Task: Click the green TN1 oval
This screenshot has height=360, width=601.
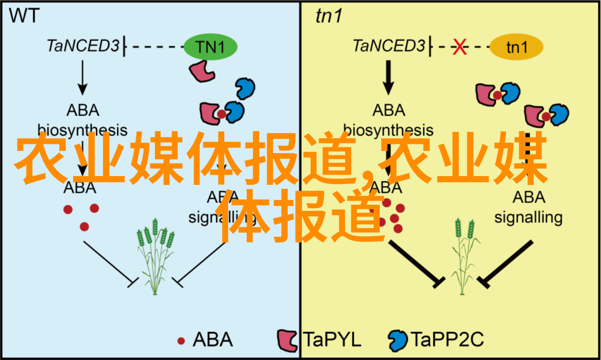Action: [x=210, y=47]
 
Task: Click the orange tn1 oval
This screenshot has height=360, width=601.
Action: [x=516, y=47]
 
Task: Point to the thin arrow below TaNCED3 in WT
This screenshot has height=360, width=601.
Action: [x=82, y=77]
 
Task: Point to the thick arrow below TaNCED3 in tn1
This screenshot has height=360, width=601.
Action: [x=388, y=77]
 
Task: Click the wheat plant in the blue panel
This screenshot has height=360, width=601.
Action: [x=154, y=255]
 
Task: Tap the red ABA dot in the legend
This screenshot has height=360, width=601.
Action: [x=181, y=341]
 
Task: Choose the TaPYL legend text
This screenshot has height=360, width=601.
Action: [x=333, y=340]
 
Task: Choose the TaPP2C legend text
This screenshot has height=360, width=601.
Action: [x=447, y=340]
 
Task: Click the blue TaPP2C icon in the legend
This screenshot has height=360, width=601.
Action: [x=398, y=340]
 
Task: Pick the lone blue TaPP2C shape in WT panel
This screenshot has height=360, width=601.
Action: [x=245, y=88]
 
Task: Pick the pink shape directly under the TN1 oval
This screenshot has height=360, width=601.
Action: [x=201, y=70]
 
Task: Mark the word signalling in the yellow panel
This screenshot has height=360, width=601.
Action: [x=528, y=217]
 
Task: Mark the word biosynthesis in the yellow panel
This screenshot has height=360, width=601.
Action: [x=388, y=130]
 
